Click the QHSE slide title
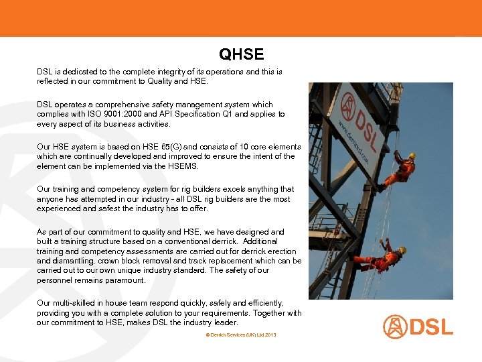241,54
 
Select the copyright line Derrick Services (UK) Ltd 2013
241,334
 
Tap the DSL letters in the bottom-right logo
431,327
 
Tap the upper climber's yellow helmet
412,156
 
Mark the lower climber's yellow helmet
402,250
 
